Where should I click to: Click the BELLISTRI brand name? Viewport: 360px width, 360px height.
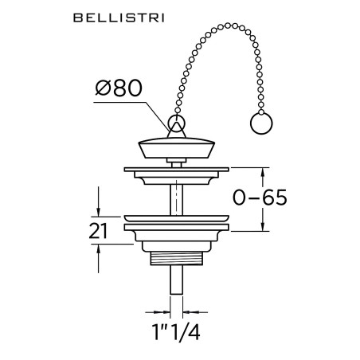tap(119, 18)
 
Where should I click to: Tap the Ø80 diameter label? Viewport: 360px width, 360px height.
tap(119, 88)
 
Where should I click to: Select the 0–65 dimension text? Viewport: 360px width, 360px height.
tap(260, 198)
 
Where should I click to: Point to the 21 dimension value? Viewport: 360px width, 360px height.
tap(98, 231)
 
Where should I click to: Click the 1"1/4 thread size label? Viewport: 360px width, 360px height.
tap(176, 332)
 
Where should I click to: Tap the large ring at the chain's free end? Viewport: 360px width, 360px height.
tap(261, 123)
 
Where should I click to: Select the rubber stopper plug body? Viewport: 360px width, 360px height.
tap(177, 147)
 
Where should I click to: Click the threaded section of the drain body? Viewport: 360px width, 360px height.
tap(177, 258)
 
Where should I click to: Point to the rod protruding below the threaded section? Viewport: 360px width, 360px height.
tap(176, 280)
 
